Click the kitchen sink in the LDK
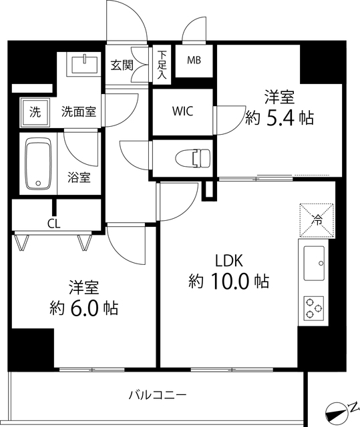(314, 264)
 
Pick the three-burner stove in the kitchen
(314, 308)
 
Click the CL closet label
(53, 224)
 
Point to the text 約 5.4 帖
(280, 118)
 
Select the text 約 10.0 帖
(227, 282)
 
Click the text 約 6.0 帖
(84, 308)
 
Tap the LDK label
(228, 260)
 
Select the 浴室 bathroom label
(79, 178)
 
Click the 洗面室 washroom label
(78, 111)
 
